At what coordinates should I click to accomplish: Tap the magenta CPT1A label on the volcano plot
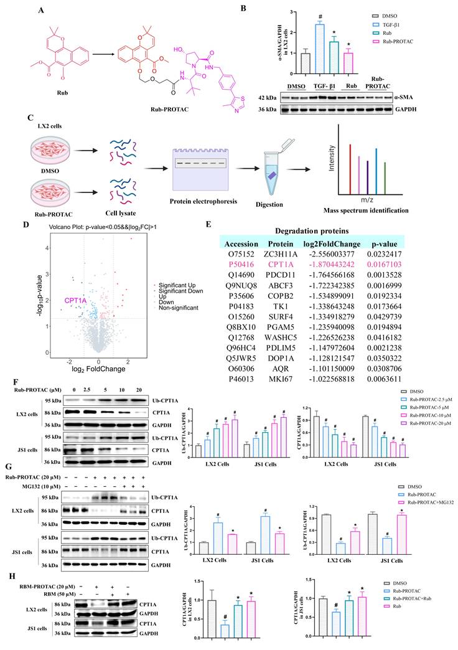[75, 300]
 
